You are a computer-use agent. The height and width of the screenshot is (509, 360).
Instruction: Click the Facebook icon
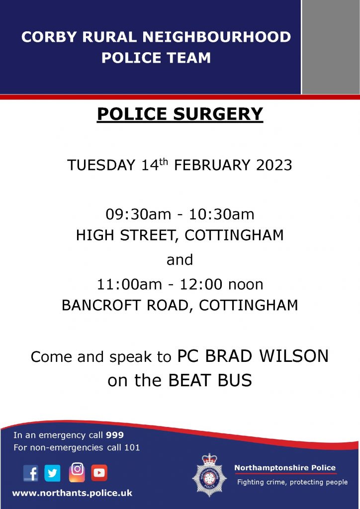pos(31,473)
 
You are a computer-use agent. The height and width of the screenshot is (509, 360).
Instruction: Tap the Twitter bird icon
pos(52,473)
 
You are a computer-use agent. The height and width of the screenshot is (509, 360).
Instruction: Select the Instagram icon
pos(77,472)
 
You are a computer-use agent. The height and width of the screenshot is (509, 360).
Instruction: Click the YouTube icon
pos(99,473)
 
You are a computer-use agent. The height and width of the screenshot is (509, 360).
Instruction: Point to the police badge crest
pos(209,475)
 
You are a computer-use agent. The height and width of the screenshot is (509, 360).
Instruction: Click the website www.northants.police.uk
pos(72,493)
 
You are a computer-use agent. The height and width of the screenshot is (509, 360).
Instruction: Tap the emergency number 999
pos(115,435)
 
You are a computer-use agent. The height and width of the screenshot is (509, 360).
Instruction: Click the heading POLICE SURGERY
pos(180,114)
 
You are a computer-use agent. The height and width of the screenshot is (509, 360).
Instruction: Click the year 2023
pos(274,166)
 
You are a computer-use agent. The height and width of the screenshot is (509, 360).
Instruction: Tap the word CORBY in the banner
pos(46,37)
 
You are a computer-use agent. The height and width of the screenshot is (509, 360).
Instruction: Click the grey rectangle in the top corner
pos(331,47)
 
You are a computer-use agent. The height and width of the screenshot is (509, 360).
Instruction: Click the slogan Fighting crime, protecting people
pos(292,482)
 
